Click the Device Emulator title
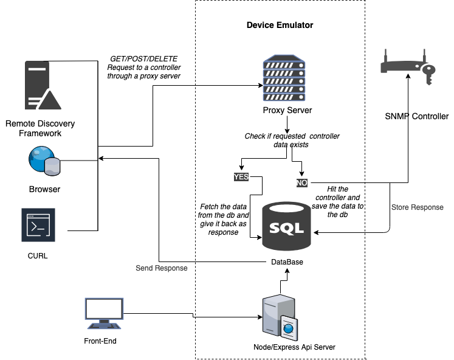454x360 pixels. pos(280,26)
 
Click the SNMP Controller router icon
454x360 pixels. pos(405,69)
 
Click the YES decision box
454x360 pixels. pos(241,177)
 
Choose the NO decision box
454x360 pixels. pos(302,182)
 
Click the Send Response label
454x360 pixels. pos(161,268)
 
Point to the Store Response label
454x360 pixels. pos(417,207)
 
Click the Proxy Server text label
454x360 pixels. pos(287,111)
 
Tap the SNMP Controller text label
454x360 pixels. pos(416,116)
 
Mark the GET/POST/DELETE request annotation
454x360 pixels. pos(143,67)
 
